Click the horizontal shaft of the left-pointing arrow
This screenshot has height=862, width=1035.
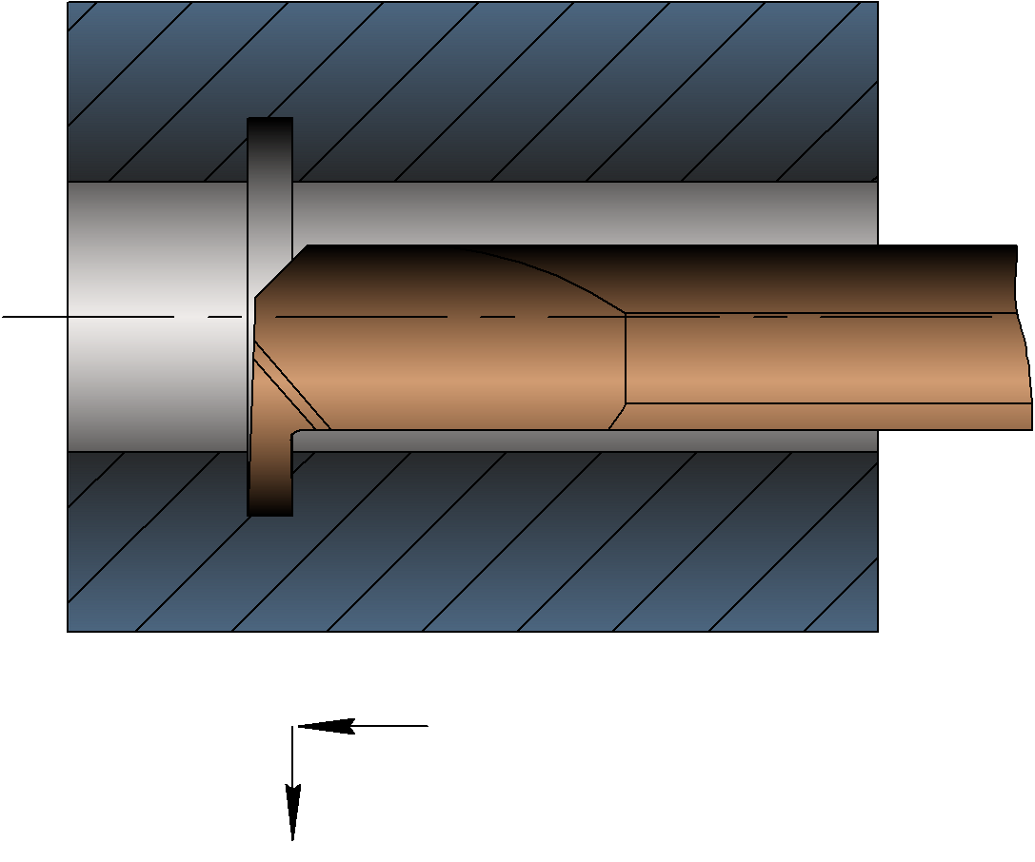coord(390,726)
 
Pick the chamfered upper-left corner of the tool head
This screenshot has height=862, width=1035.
coord(280,271)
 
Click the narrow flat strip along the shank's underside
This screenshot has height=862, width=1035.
coord(828,416)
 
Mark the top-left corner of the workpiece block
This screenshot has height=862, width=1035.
coord(69,3)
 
